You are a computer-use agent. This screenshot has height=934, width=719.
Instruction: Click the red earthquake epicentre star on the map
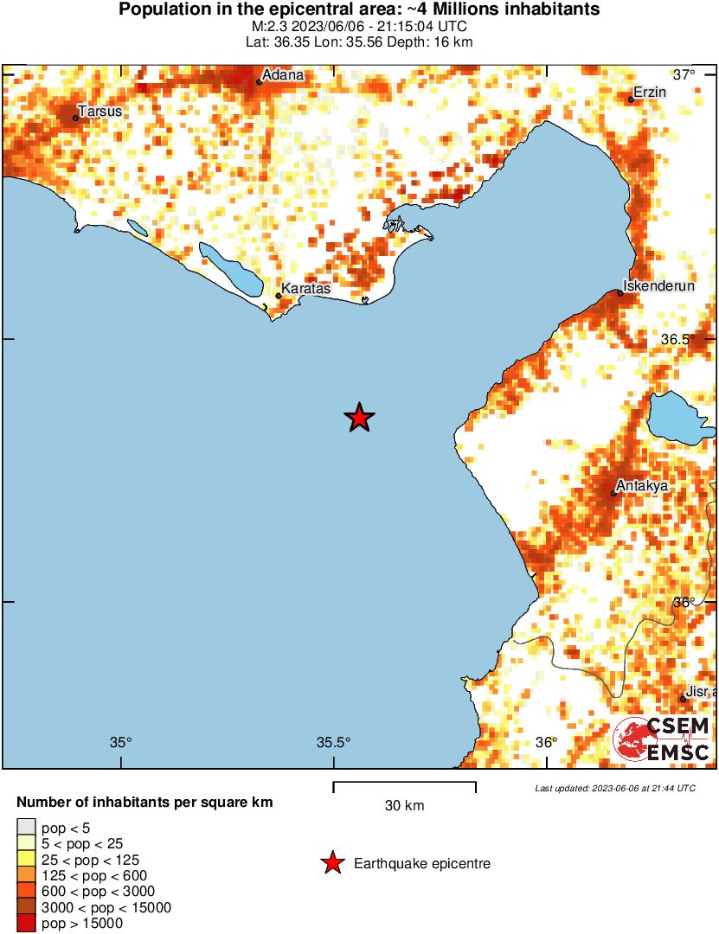359,418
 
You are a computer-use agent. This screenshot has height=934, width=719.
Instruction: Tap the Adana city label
283,75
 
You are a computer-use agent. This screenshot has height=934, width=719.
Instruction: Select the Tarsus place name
100,111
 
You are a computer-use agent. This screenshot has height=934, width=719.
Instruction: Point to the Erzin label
650,92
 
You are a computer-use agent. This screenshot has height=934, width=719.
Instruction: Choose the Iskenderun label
660,286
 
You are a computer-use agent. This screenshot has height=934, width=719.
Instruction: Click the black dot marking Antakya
613,494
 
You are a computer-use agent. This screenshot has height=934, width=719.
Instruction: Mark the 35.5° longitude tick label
333,742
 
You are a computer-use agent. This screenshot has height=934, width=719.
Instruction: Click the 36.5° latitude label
678,339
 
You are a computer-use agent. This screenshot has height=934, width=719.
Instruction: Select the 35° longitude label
121,742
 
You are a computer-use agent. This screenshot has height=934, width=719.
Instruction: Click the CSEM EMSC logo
662,739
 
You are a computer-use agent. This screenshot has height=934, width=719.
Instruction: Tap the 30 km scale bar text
404,806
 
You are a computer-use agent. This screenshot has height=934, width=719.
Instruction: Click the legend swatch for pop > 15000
27,924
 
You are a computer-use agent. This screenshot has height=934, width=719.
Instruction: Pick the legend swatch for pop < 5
27,828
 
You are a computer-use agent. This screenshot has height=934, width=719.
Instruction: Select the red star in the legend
331,863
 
